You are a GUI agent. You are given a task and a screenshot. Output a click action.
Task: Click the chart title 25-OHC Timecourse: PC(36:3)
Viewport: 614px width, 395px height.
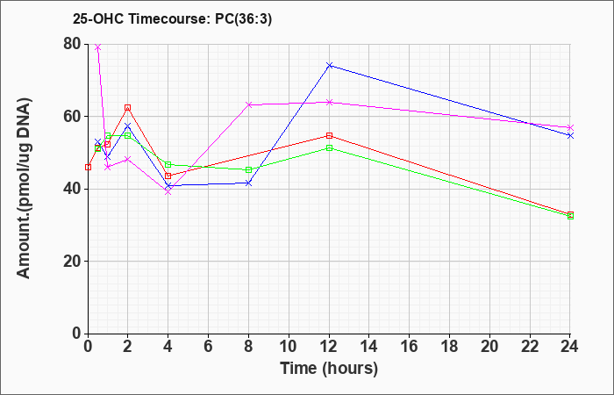pos(172,18)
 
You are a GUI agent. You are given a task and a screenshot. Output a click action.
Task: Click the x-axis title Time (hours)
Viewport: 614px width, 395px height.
pos(329,369)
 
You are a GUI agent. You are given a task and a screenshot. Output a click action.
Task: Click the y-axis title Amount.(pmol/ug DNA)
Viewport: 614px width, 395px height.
pos(25,189)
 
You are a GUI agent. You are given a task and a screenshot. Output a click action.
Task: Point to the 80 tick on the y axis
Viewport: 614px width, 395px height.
pos(73,44)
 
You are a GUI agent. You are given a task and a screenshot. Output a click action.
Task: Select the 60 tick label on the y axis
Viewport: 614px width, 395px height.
pos(73,117)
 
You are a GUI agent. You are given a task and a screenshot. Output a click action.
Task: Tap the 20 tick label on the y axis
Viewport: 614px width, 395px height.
pos(73,261)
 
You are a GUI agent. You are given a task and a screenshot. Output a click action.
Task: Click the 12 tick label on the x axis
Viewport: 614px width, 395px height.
pos(329,346)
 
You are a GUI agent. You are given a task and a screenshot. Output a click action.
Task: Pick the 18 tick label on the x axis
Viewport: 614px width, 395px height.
pos(449,346)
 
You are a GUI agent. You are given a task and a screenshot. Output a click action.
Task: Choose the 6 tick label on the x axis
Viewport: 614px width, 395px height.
pos(209,346)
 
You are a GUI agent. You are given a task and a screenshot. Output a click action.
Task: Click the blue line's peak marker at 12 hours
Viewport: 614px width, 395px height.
pos(329,65)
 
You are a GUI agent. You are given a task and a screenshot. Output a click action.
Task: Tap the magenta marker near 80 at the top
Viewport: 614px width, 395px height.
pos(98,47)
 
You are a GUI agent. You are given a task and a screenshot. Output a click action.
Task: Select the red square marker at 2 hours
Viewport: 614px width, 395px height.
pos(128,107)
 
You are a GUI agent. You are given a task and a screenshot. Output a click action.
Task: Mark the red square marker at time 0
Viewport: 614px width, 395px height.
pos(88,168)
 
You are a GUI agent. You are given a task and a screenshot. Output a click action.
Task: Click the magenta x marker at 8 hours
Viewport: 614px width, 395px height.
pos(248,104)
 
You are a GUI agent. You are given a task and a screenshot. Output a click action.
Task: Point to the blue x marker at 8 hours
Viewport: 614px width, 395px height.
pos(248,183)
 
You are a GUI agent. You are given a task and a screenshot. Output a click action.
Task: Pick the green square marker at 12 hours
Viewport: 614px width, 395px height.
pos(329,147)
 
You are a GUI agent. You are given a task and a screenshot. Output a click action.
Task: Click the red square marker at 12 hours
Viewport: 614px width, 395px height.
pos(329,135)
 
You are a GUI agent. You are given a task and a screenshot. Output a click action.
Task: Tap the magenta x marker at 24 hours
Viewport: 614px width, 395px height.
pos(570,128)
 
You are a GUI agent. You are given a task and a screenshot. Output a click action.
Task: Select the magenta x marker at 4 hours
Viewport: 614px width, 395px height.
pos(168,192)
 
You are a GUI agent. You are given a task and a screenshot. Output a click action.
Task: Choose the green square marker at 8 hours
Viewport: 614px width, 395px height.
pos(248,169)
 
